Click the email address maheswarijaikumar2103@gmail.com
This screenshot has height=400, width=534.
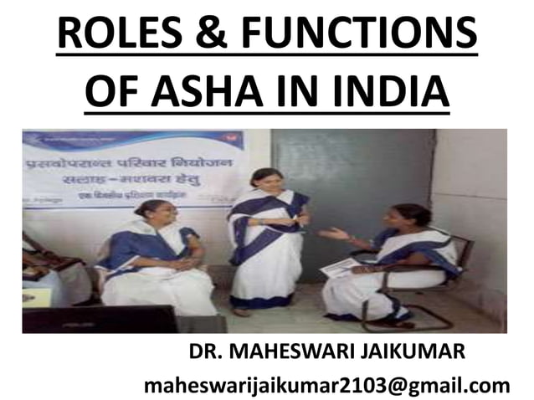[x=327, y=386]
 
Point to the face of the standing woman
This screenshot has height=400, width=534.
[x=266, y=182]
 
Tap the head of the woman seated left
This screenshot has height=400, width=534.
[x=151, y=209]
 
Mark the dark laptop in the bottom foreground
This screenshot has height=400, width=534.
[x=100, y=319]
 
